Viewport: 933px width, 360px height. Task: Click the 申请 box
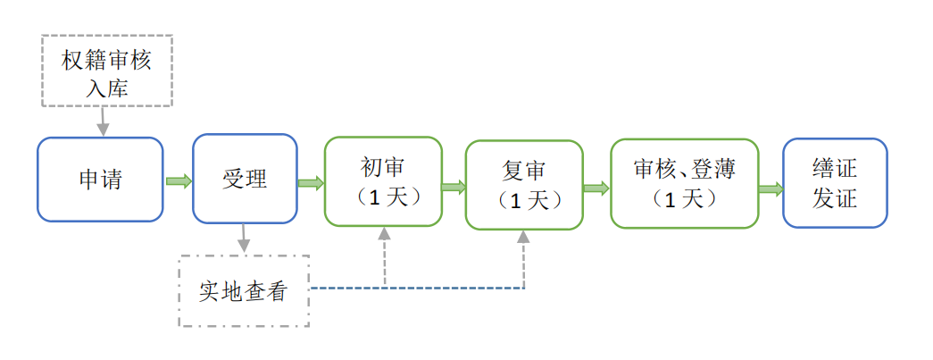[x=100, y=180]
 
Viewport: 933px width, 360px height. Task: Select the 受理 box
[x=245, y=180]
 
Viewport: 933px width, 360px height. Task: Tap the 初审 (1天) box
[x=383, y=181]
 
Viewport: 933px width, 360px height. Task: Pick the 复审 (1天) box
[x=524, y=185]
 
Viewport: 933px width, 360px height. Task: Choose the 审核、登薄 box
[x=684, y=182]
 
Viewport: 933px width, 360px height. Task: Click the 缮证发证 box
[x=835, y=182]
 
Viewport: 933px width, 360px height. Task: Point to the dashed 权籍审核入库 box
[x=106, y=71]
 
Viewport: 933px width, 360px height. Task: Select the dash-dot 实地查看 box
[x=244, y=291]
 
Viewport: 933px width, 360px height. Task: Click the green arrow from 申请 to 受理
[x=179, y=181]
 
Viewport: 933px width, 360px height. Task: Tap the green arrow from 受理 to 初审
[x=311, y=183]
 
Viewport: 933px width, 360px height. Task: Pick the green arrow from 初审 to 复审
[x=454, y=188]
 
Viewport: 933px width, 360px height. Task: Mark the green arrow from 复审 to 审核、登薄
[x=596, y=188]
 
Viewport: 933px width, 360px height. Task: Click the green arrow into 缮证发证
[x=771, y=188]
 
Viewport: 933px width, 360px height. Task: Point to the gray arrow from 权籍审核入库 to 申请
[x=103, y=121]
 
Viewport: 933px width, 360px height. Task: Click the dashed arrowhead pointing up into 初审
[x=385, y=234]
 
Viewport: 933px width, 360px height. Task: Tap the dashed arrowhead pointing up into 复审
[x=524, y=238]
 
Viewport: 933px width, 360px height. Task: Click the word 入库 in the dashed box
[x=106, y=87]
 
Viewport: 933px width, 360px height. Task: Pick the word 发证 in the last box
[x=835, y=197]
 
